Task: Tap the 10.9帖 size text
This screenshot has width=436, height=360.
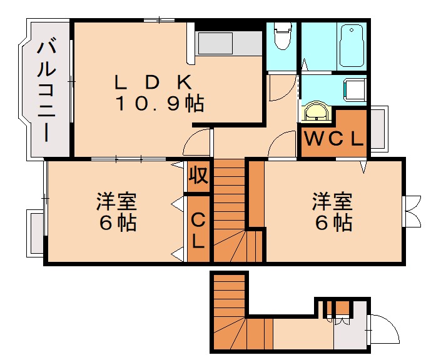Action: (159, 103)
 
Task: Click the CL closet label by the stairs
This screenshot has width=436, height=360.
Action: (198, 229)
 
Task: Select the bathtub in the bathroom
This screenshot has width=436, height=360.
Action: (352, 45)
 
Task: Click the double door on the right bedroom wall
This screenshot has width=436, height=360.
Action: (413, 211)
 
